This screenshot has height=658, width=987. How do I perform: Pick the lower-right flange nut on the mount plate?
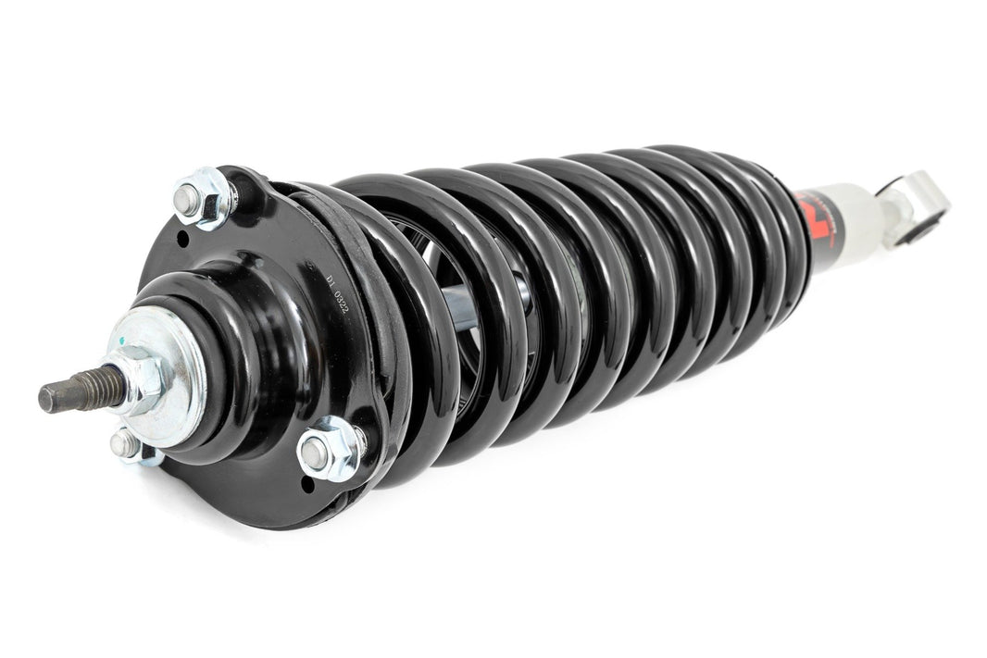[x=329, y=451]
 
